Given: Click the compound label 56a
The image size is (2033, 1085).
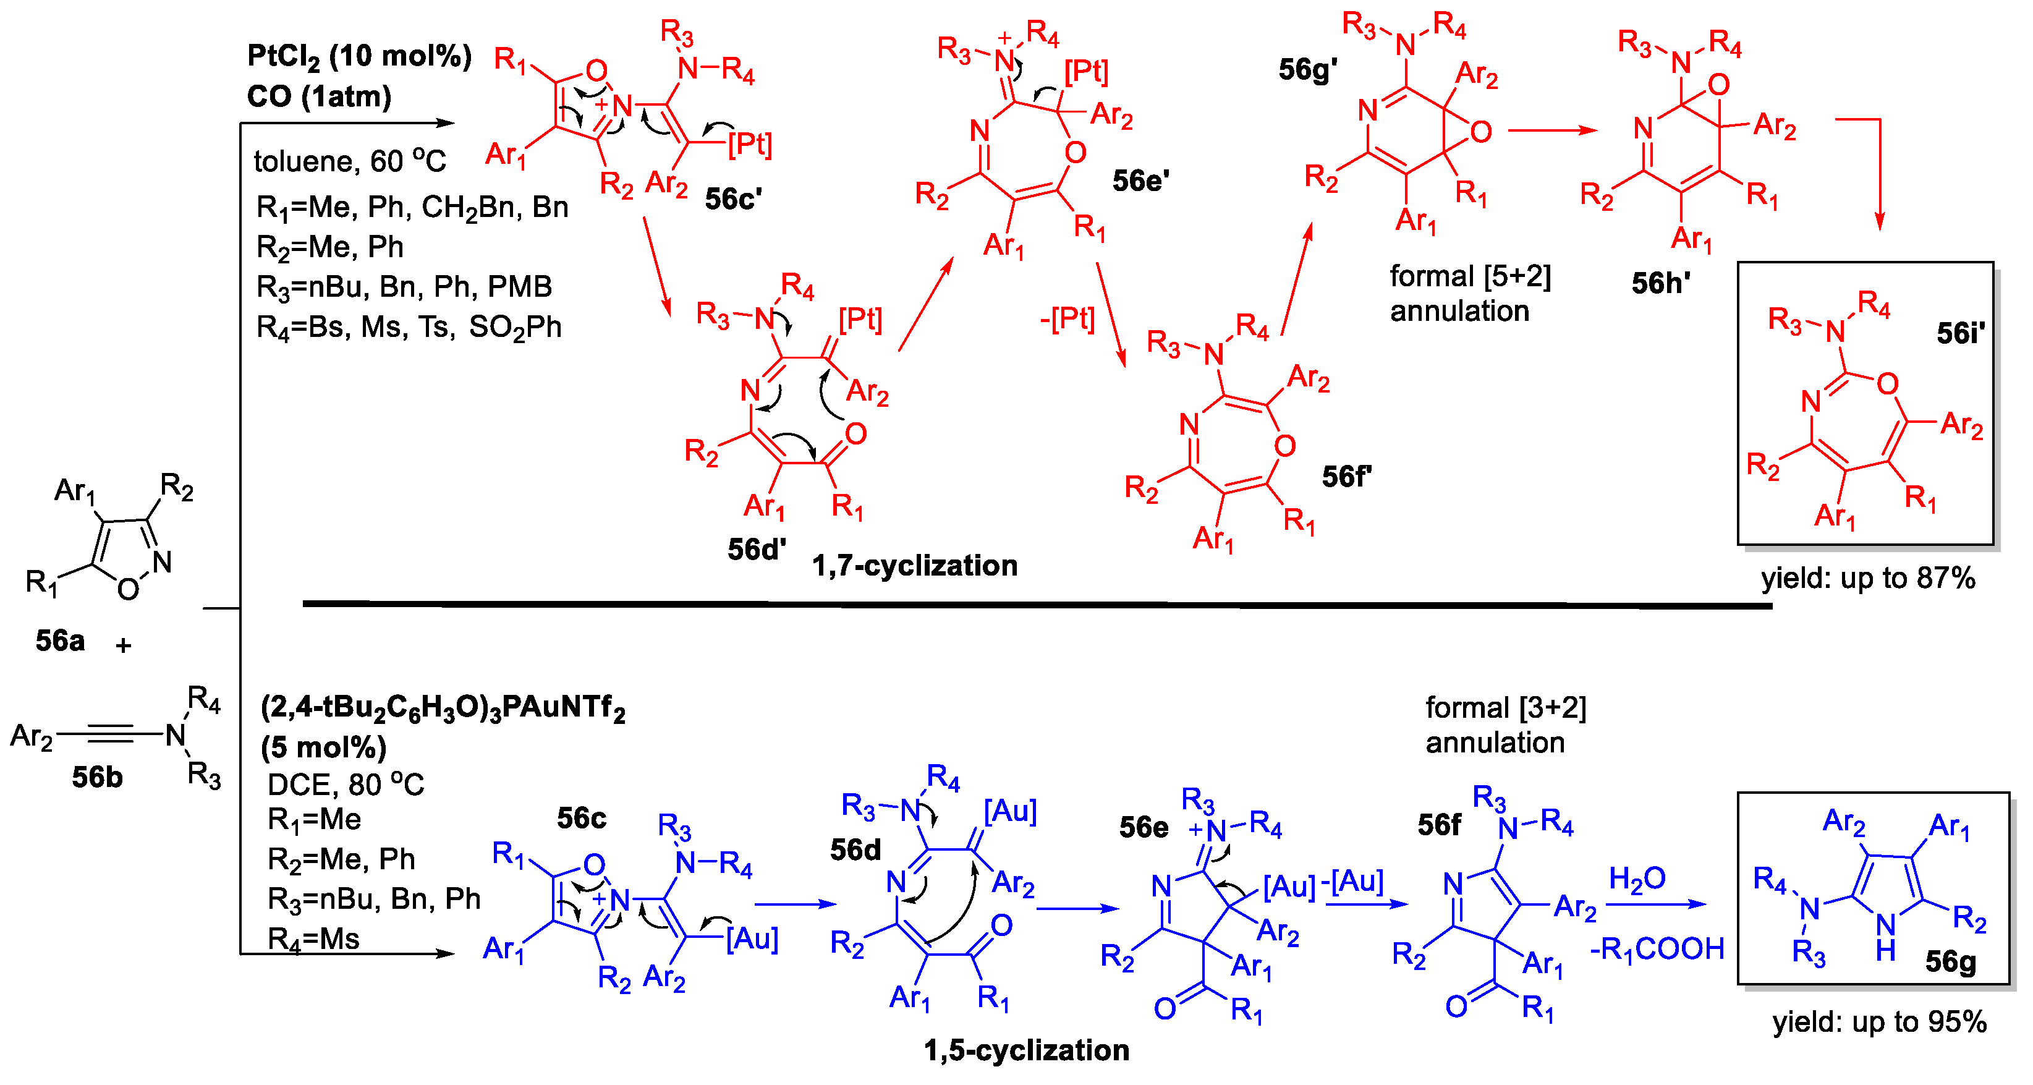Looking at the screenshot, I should (x=60, y=640).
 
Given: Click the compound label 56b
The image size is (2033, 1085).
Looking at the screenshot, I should (x=97, y=777).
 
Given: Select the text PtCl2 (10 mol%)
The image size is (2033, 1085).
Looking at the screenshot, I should (x=359, y=57).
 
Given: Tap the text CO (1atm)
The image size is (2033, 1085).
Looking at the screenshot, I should (x=319, y=97).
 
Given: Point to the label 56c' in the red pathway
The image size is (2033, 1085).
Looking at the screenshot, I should (x=733, y=199).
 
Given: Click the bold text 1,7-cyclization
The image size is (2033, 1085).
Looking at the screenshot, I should (x=915, y=566).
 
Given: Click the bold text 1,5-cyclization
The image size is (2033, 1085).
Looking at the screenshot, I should (x=1027, y=1050).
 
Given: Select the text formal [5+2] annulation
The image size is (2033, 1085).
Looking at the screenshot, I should (x=1469, y=294).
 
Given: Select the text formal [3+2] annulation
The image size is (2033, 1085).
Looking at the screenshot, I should (x=1505, y=725).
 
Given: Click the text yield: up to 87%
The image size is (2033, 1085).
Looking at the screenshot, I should (x=1868, y=579).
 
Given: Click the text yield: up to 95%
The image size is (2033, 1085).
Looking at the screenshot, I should (x=1879, y=1022).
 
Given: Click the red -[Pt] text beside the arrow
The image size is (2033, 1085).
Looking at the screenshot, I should (x=1067, y=320).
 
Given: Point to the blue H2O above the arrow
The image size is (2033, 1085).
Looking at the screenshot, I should (x=1637, y=879).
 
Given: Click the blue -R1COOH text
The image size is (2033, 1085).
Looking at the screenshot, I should (x=1657, y=949).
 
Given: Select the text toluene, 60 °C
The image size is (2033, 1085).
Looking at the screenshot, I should (x=350, y=162).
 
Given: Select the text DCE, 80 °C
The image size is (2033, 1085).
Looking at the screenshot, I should (x=346, y=785).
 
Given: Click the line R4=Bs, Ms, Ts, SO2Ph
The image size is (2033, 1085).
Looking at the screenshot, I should (x=409, y=326).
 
